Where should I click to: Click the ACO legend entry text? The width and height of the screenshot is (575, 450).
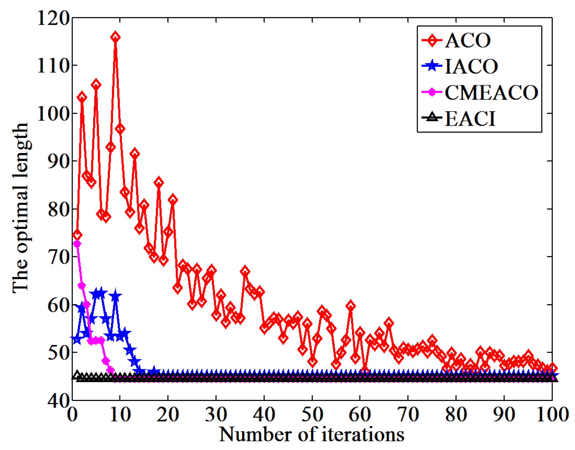point(468,41)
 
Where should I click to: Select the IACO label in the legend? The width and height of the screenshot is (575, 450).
point(471,67)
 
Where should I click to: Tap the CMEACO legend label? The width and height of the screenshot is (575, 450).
point(492,92)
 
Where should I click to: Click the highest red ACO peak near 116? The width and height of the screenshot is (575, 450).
point(116,37)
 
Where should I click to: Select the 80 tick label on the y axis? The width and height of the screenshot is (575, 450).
point(58,210)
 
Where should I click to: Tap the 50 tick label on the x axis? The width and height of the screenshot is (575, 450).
point(312,415)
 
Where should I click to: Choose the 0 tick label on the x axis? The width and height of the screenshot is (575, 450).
point(72,415)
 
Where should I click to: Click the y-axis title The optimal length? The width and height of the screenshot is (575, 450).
point(20,208)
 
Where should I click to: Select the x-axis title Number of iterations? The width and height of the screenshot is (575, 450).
point(312,434)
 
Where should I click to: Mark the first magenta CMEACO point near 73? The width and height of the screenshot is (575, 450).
point(77,244)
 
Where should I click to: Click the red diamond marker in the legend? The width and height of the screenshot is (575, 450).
point(432,41)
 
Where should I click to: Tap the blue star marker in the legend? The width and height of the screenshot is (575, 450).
point(432,66)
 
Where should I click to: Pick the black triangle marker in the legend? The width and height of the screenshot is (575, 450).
point(432,117)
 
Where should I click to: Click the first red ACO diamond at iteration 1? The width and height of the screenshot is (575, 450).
point(77,235)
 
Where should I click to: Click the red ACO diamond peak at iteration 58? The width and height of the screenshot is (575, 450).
point(351,306)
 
